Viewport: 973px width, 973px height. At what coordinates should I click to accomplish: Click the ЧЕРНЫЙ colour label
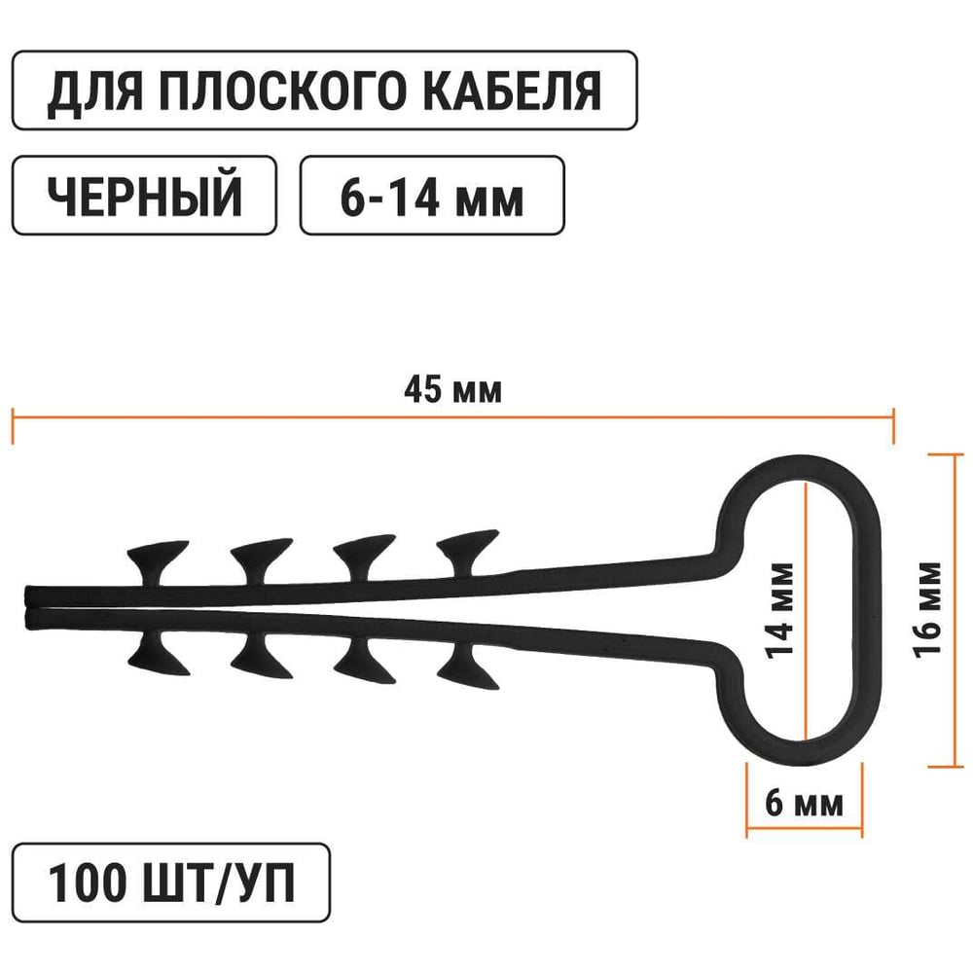144,196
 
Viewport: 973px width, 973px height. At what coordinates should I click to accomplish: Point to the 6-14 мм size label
432,196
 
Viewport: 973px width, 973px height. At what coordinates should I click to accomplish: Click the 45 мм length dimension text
452,391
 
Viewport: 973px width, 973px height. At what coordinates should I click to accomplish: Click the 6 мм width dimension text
804,806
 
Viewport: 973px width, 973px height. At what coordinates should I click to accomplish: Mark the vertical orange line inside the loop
807,545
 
